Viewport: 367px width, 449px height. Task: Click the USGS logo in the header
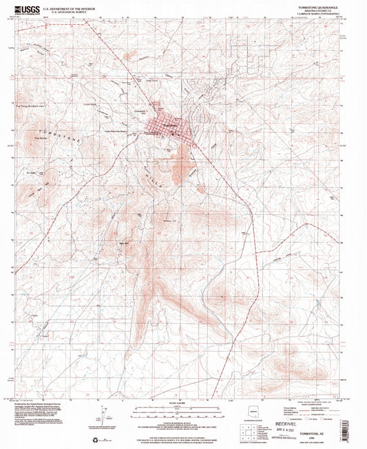(29, 9)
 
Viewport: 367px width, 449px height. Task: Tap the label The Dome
(39, 137)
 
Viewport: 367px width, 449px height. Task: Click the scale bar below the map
(181, 406)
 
